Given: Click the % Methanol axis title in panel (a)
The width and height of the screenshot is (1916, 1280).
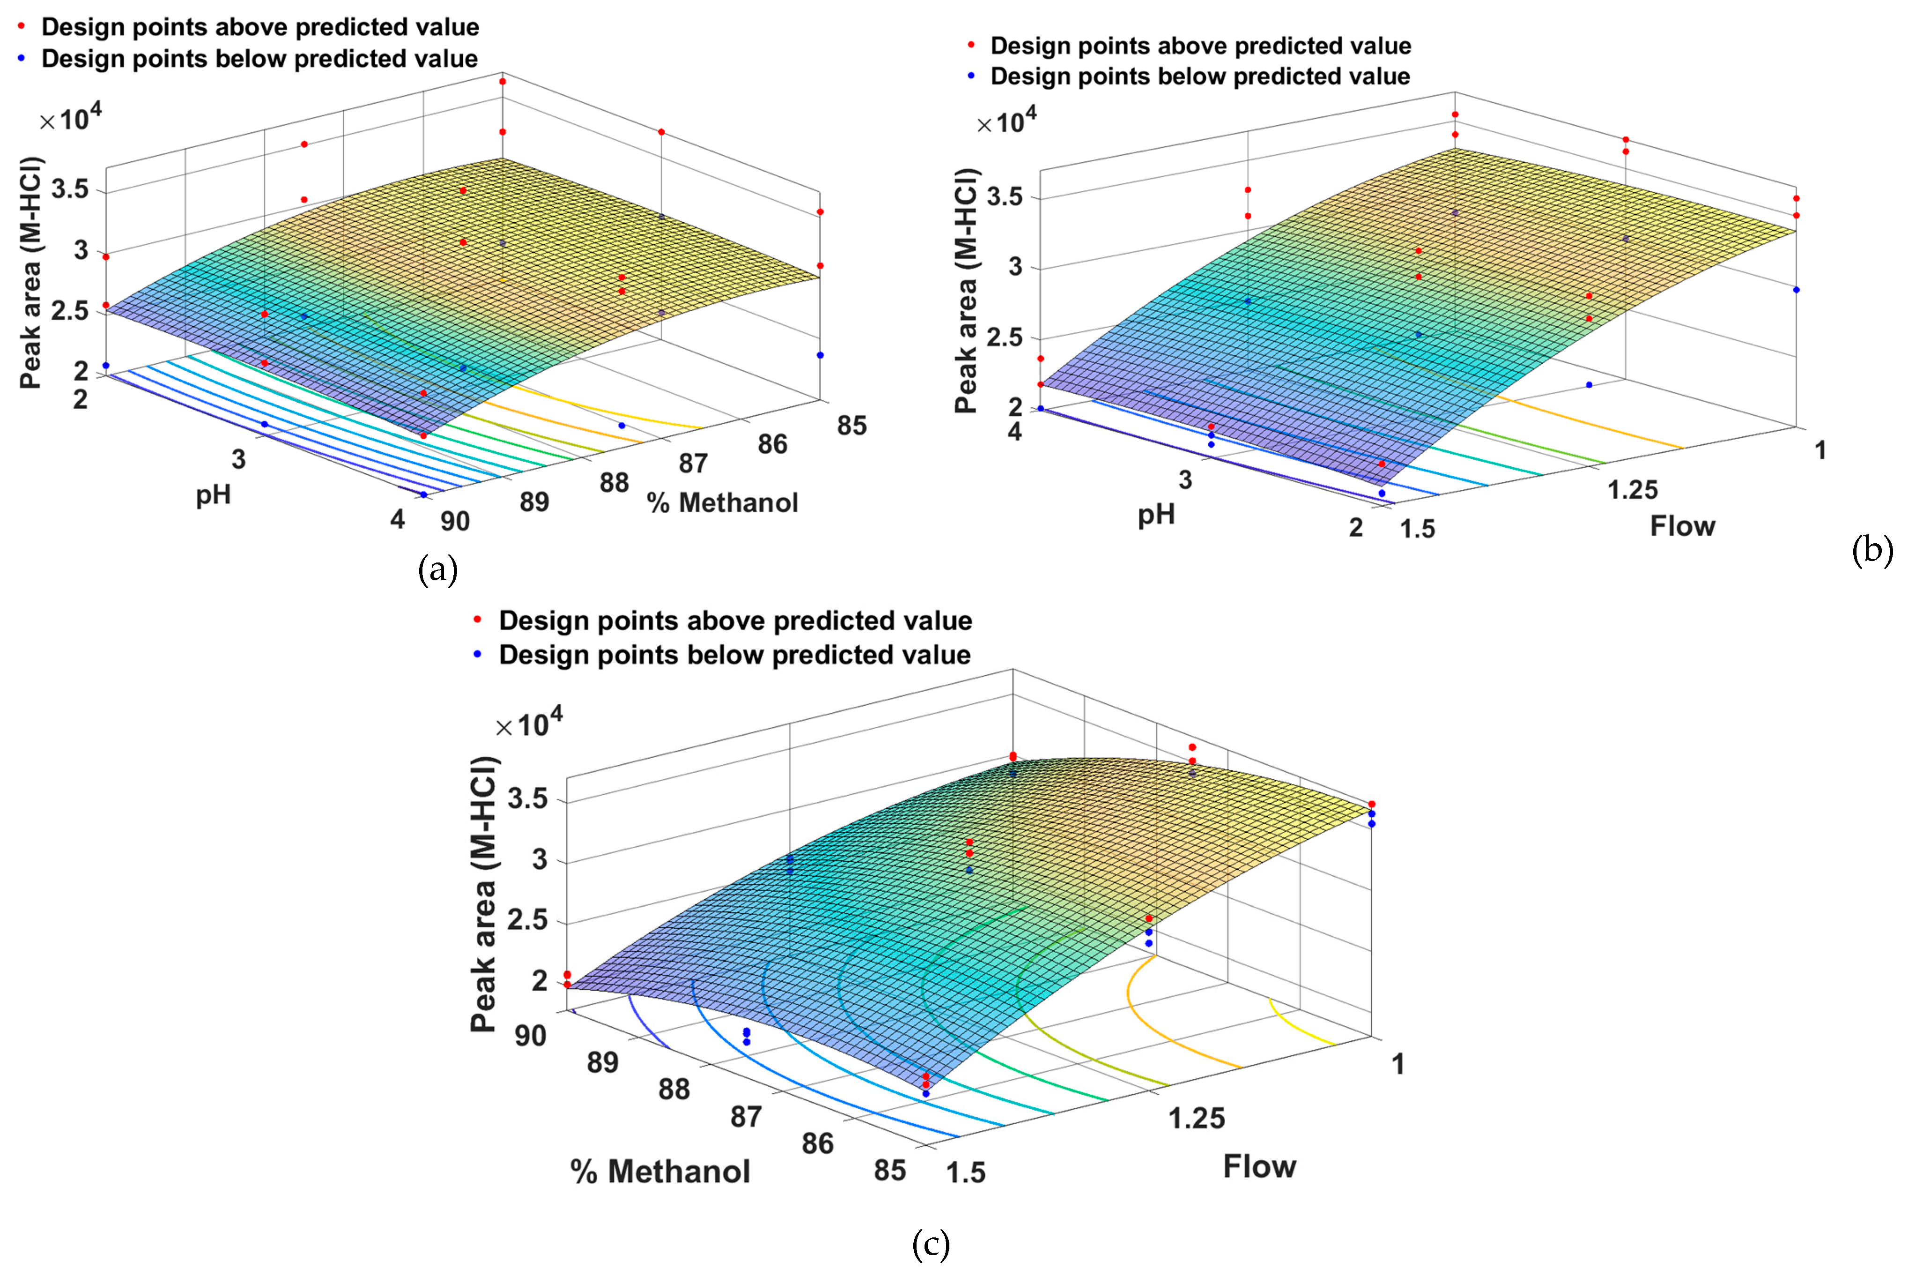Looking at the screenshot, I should coord(723,503).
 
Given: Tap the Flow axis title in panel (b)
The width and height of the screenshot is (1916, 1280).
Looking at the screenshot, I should coord(1682,525).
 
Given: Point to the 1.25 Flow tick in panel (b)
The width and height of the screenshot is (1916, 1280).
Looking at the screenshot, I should coord(1633,490).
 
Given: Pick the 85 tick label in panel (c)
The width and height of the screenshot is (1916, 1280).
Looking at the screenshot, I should coord(890,1170).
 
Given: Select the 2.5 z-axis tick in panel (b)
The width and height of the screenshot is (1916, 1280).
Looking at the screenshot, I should coord(1005,338).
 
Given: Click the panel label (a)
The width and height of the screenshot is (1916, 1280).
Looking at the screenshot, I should coord(437,569).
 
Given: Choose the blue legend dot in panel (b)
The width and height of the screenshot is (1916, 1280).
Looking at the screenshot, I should coord(971,76).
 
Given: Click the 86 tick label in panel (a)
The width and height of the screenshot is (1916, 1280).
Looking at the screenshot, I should coord(772,444).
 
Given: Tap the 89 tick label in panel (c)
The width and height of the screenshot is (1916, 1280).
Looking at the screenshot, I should coord(602,1062).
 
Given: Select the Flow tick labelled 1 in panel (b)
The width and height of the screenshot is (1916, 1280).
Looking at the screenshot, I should coord(1820,450).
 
